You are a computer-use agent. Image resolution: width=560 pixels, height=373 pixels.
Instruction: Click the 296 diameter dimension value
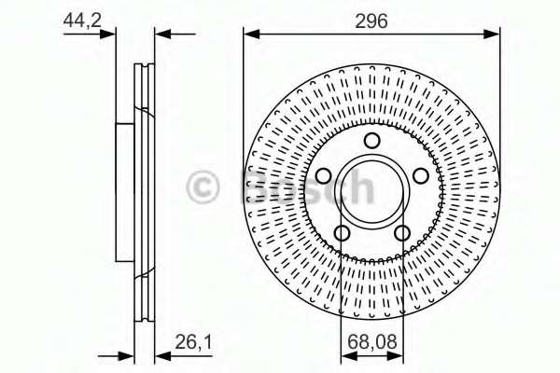tap(371, 21)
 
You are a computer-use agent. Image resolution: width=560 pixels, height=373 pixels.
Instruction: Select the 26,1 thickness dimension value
tap(193, 342)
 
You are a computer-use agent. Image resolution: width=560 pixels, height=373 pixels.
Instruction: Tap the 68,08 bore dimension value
tap(371, 341)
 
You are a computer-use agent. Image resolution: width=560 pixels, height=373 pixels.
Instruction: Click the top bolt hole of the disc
tap(372, 140)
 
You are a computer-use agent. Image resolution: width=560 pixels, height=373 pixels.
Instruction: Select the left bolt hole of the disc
tap(324, 176)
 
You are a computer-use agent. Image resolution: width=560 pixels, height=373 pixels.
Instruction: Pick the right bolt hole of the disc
tap(421, 176)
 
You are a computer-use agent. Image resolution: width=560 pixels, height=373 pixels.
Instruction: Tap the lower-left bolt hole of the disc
tap(342, 233)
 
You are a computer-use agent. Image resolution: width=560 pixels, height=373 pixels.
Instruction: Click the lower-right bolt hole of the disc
tap(402, 233)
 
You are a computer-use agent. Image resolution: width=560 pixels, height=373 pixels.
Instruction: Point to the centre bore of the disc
tap(372, 192)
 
